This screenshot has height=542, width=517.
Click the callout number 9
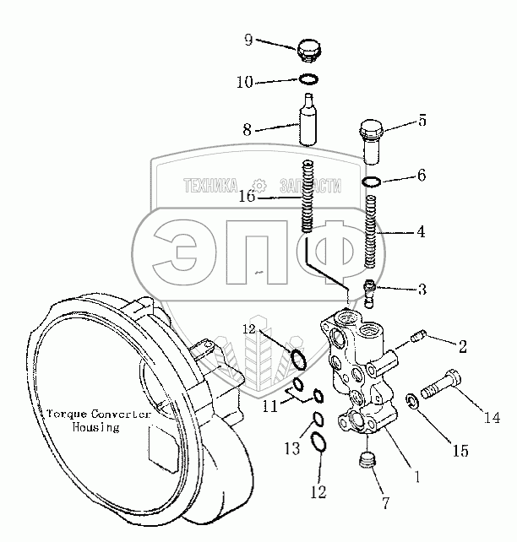coord(248,40)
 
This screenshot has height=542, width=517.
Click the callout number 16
coord(246,197)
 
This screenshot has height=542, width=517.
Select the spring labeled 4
coord(373,228)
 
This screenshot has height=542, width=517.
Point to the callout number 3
coord(422,289)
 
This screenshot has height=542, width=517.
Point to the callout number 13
coord(291,449)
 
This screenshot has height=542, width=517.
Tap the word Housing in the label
coord(95,427)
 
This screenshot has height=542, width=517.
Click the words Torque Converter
coord(99,415)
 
